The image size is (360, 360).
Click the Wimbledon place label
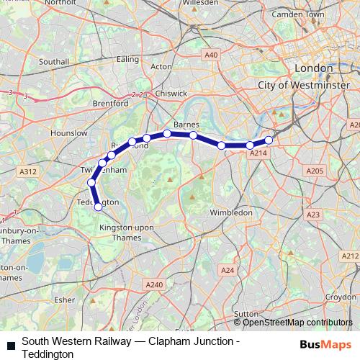[230, 213]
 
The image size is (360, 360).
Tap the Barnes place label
[186, 124]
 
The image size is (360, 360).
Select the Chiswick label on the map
[172, 94]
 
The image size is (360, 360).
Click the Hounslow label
[69, 134]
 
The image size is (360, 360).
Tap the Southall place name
[54, 63]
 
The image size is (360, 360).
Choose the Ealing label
[127, 59]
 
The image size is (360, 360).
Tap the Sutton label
[246, 315]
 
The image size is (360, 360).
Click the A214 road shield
[257, 153]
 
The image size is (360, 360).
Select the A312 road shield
[28, 171]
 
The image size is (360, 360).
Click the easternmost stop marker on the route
[269, 140]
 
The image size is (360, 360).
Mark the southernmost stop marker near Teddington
[99, 207]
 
